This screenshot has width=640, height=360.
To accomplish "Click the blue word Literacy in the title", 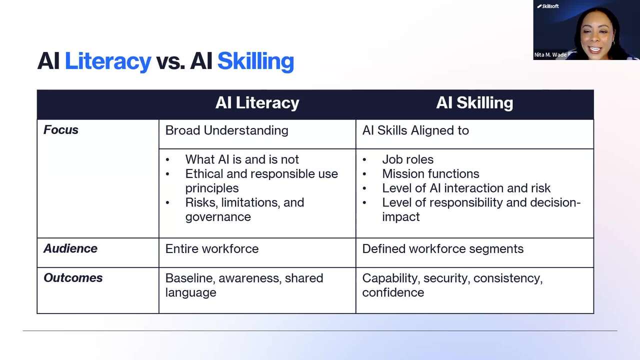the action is click(108, 61).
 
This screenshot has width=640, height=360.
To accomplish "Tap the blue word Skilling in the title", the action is click(255, 61).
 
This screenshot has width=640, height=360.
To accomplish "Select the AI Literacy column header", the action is click(257, 103).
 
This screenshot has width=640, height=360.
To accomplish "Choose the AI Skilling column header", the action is click(474, 103).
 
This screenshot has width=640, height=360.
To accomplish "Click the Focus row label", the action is click(61, 130).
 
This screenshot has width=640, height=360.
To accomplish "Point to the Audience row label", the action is click(70, 248).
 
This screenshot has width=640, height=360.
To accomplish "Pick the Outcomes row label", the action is click(73, 278).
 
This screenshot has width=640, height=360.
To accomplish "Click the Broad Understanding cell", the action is click(227, 130).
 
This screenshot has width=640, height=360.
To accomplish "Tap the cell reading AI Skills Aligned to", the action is click(415, 130).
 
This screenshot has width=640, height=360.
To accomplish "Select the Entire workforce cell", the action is click(212, 249).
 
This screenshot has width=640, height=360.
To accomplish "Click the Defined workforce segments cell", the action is click(443, 249).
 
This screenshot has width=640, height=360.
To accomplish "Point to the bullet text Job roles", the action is click(408, 159).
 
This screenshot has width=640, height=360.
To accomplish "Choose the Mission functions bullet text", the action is click(431, 173).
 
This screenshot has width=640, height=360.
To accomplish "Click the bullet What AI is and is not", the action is click(242, 159).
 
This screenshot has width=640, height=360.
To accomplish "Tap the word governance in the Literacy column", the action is click(218, 217).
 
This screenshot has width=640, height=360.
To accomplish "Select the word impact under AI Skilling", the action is click(401, 217).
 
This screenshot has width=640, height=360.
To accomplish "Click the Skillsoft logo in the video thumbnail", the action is click(548, 6).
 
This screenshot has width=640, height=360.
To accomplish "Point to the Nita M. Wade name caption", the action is click(550, 55).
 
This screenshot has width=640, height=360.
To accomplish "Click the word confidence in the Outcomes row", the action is click(393, 292).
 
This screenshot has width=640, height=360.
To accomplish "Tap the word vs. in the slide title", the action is click(170, 61).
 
